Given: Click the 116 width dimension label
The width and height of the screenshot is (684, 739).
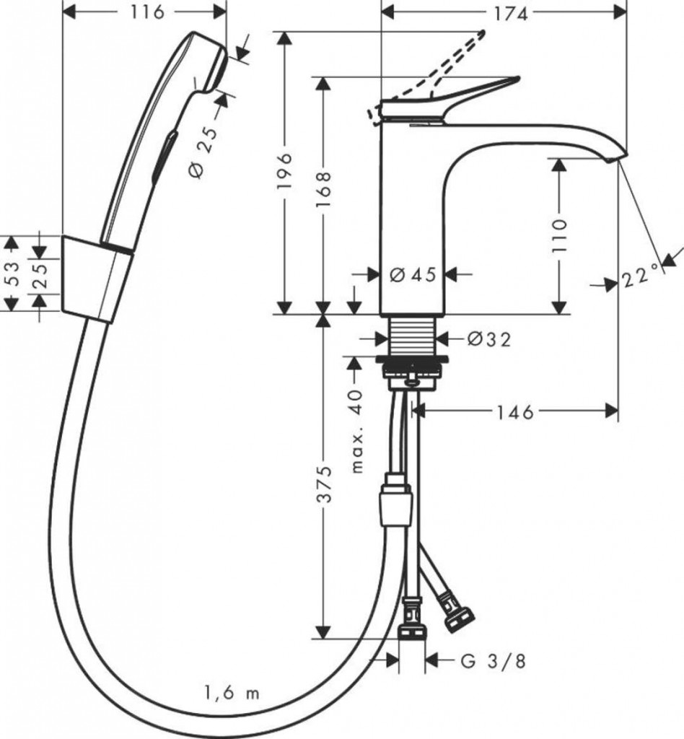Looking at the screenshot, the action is click(147, 12).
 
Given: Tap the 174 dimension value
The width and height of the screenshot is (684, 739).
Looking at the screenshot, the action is click(511, 14).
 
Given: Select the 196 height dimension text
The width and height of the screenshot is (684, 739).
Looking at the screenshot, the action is click(285, 170).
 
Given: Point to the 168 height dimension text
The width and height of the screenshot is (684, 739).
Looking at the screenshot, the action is click(324, 190).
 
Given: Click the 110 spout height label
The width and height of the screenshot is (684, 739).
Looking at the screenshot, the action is click(560, 236).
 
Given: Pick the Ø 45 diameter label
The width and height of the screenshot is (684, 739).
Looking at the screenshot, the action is click(413, 275).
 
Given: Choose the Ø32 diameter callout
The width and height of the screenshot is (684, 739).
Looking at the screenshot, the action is click(489, 339).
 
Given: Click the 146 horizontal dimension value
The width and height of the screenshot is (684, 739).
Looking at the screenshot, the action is click(515, 413).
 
